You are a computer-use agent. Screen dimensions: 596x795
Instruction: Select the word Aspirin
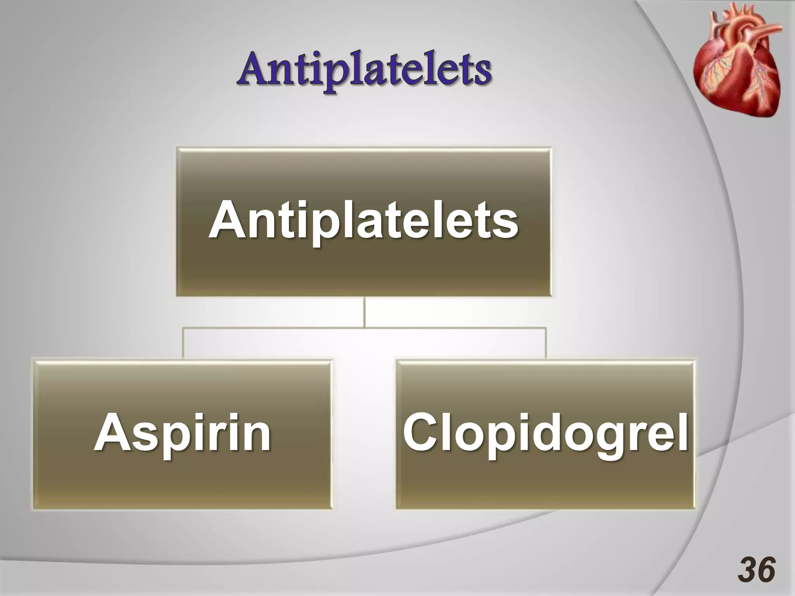(x=182, y=433)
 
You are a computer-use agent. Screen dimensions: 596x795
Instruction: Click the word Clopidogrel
(x=546, y=433)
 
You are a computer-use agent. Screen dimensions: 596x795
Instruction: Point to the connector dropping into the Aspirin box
(x=184, y=343)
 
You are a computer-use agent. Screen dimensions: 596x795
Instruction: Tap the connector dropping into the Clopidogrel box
(x=546, y=343)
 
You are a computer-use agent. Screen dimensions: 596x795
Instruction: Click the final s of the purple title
(x=481, y=74)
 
